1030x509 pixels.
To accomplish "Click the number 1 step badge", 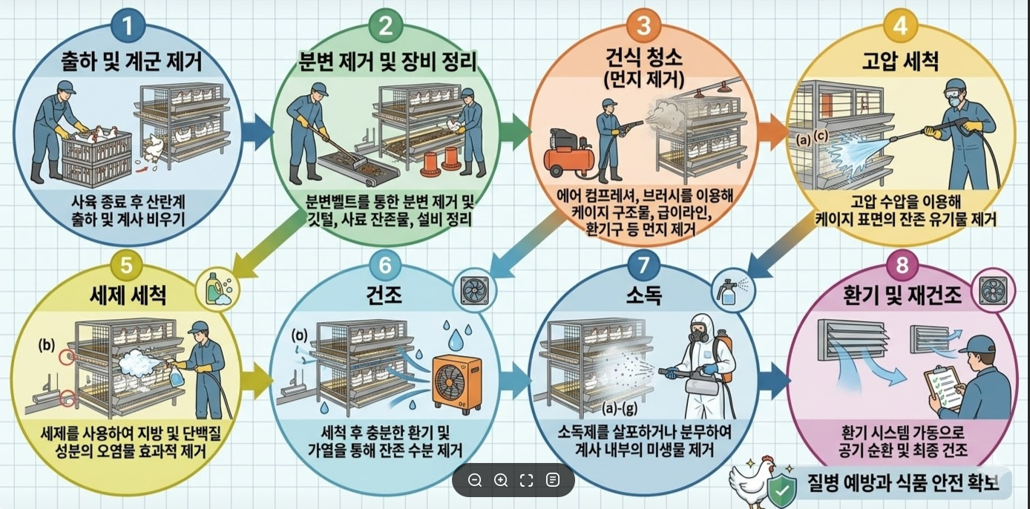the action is coord(128,26).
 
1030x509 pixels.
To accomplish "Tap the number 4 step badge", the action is coord(900,26).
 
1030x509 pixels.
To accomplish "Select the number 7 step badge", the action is coord(643,266).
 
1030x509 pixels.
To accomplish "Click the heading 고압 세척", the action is coord(900,62).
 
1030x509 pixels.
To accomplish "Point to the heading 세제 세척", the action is coord(128,295).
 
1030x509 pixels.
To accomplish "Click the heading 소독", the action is coord(644,295).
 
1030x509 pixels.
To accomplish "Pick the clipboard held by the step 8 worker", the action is coord(944,388).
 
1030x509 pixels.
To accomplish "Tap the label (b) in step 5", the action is coord(47,344).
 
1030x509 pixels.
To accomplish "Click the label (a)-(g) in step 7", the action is coord(619,408).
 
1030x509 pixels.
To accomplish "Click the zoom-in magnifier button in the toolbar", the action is coord(501,480).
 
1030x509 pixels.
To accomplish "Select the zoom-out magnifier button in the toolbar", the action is coord(475,480).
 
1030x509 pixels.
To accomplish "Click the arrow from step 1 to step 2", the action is coord(258,132).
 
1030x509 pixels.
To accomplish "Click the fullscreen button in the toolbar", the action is coord(526,480).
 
